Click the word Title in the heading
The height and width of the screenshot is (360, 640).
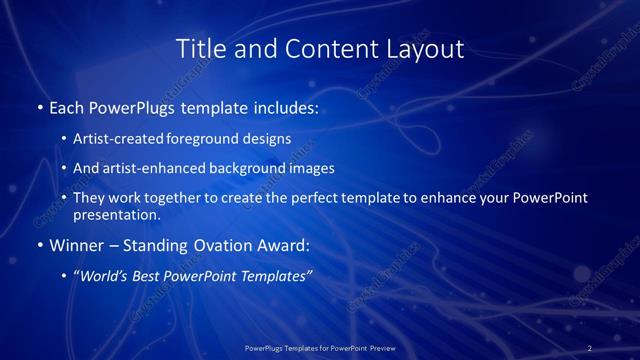[x=199, y=49]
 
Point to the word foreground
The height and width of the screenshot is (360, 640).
[x=211, y=139]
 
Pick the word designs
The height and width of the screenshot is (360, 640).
[x=268, y=139]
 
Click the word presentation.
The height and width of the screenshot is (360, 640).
[x=117, y=214]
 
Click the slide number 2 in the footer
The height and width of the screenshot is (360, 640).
[x=590, y=348]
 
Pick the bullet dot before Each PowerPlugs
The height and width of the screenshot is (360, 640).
[x=40, y=107]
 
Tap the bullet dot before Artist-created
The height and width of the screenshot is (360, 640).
[x=65, y=140]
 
